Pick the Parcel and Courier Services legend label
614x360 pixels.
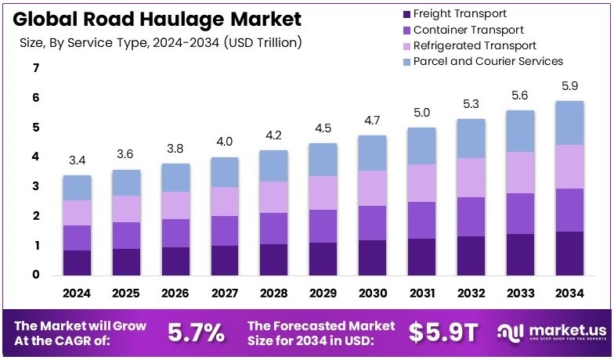488,61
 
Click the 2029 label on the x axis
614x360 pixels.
323,293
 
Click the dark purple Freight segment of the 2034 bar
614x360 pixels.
570,253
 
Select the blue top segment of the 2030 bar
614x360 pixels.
373,153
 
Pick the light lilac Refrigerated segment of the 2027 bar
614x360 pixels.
225,201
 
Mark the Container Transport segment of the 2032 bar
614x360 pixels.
471,216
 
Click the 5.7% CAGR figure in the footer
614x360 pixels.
197,333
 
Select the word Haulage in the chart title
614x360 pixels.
153,17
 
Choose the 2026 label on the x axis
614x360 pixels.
175,293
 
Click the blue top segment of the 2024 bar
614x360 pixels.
77,188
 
